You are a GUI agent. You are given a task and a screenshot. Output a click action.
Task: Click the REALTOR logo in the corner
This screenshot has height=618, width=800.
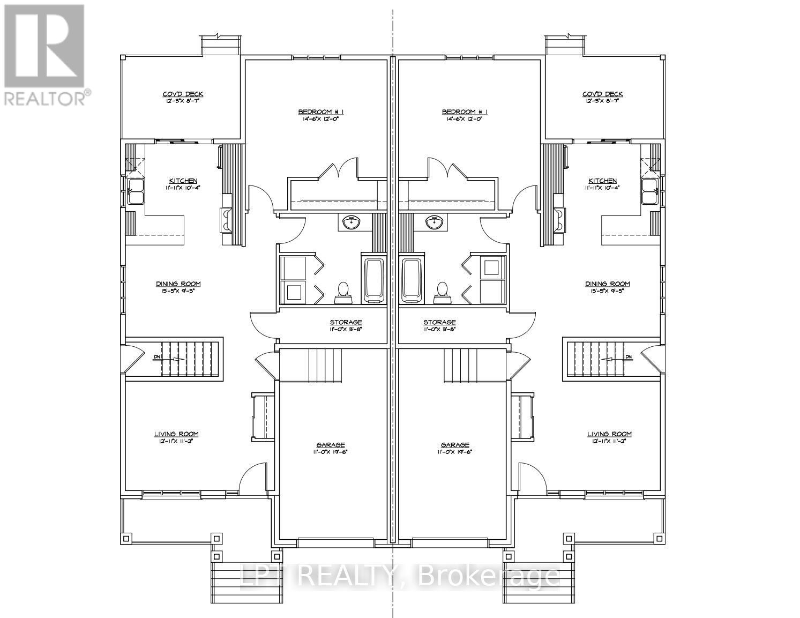(x=45, y=54)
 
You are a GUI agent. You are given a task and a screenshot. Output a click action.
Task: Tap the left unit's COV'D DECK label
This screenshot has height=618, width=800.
(x=183, y=94)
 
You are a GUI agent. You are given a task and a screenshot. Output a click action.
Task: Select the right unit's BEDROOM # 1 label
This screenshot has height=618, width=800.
(x=465, y=112)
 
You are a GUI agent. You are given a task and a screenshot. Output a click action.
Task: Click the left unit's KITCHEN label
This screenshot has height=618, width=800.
(x=183, y=181)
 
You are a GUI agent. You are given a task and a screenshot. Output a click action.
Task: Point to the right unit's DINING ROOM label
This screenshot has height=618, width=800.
(x=607, y=284)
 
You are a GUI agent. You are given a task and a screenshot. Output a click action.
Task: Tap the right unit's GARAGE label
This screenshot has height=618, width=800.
(x=455, y=445)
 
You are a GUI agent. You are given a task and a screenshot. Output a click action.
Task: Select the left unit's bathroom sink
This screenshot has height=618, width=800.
(x=351, y=222)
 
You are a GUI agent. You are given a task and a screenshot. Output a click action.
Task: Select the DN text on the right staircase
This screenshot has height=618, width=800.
(x=629, y=357)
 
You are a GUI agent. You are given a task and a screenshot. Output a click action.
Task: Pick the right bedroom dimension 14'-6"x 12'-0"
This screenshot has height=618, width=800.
(x=465, y=119)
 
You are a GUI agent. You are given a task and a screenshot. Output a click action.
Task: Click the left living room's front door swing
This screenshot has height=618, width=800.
(x=248, y=480)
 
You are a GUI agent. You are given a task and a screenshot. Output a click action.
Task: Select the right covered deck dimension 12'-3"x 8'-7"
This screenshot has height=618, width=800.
(x=602, y=101)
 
